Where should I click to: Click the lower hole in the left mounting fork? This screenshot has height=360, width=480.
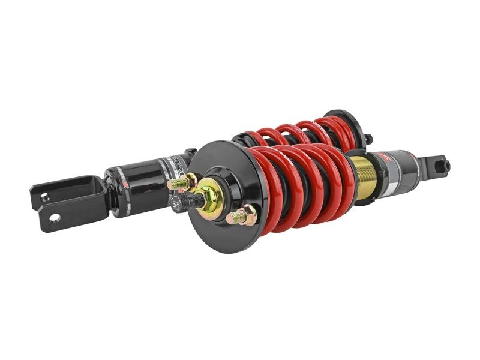55,217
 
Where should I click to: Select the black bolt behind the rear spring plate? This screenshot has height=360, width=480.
368,140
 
